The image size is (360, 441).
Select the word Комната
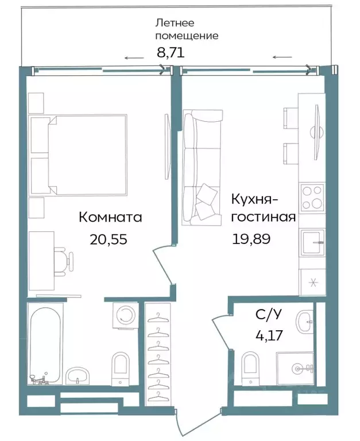(x=110, y=218)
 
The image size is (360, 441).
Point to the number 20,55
(x=108, y=239)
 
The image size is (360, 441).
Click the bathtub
(x=45, y=344)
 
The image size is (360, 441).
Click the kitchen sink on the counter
(x=312, y=242)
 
